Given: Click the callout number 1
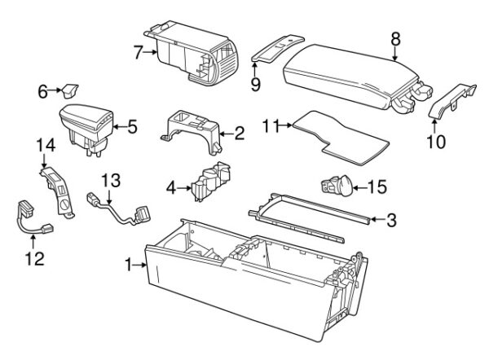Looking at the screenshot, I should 129,264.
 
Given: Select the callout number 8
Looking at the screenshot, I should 396,37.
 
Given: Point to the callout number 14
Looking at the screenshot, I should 42,146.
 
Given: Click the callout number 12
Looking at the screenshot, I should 32,259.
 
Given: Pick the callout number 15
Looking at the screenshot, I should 376,187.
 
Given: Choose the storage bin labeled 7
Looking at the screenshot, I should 191,53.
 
